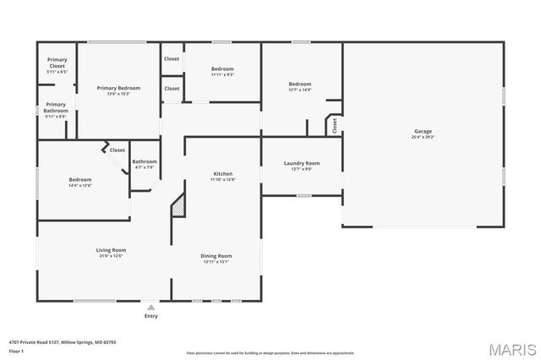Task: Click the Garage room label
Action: click(x=423, y=134)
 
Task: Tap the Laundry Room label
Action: click(x=301, y=165)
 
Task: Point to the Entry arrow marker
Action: click(x=151, y=307)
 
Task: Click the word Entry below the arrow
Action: click(x=151, y=316)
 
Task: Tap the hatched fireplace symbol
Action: click(x=178, y=205)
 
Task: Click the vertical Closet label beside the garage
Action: click(x=335, y=125)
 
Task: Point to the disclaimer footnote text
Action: click(x=270, y=352)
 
